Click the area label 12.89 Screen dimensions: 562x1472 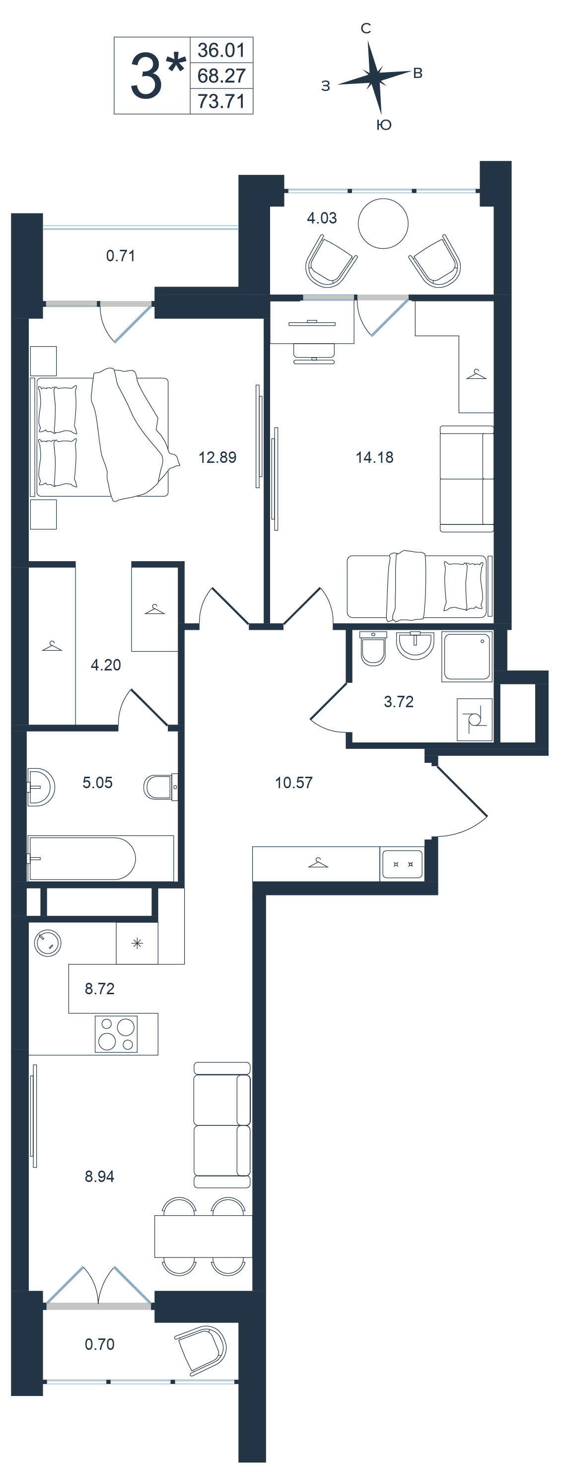[x=217, y=457]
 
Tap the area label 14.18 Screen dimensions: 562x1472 [x=374, y=457]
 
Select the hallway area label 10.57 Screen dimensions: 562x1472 [x=293, y=782]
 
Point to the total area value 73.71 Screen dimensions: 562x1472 [x=221, y=101]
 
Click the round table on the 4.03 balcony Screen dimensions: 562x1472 [x=383, y=223]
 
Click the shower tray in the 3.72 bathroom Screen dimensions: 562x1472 [x=467, y=656]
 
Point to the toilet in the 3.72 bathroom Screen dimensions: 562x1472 [x=373, y=649]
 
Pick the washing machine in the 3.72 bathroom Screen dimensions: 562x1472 [x=475, y=720]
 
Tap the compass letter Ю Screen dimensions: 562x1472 [x=384, y=125]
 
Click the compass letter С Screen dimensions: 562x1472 [x=366, y=28]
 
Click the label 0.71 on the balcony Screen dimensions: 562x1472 [x=121, y=255]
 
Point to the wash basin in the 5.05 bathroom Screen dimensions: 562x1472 [x=41, y=787]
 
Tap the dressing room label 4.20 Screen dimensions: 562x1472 [x=106, y=664]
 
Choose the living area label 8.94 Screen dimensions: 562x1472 [x=99, y=1176]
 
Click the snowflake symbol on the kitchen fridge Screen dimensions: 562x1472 [x=137, y=944]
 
